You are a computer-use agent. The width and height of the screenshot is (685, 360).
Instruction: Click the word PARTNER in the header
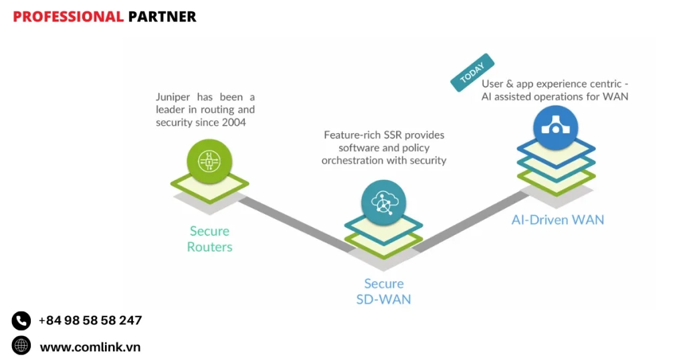point(162,17)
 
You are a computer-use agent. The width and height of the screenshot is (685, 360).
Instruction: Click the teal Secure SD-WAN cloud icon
point(383,202)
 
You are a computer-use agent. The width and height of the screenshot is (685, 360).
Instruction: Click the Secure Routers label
point(209,239)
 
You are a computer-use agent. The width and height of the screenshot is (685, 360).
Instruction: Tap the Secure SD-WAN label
point(383,291)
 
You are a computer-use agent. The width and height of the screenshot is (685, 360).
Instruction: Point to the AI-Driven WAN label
point(558,219)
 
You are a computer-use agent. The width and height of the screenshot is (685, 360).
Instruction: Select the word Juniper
point(172,97)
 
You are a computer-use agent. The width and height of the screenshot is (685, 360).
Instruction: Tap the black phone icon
point(21,321)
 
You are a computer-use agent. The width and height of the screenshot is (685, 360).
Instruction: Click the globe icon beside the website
point(21,345)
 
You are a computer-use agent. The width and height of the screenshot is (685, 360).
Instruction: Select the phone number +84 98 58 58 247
point(90,321)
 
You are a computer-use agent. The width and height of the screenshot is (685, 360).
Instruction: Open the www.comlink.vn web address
point(90,347)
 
